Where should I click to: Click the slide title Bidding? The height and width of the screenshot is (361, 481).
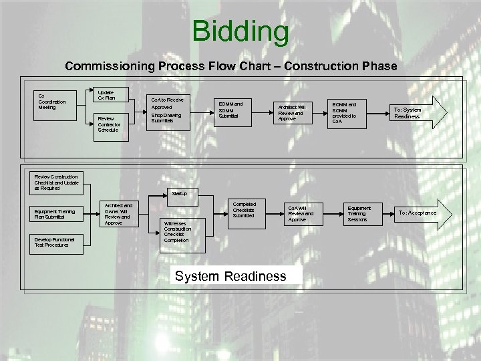[x=240, y=31]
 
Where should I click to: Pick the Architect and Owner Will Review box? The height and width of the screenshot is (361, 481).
[x=119, y=213]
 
